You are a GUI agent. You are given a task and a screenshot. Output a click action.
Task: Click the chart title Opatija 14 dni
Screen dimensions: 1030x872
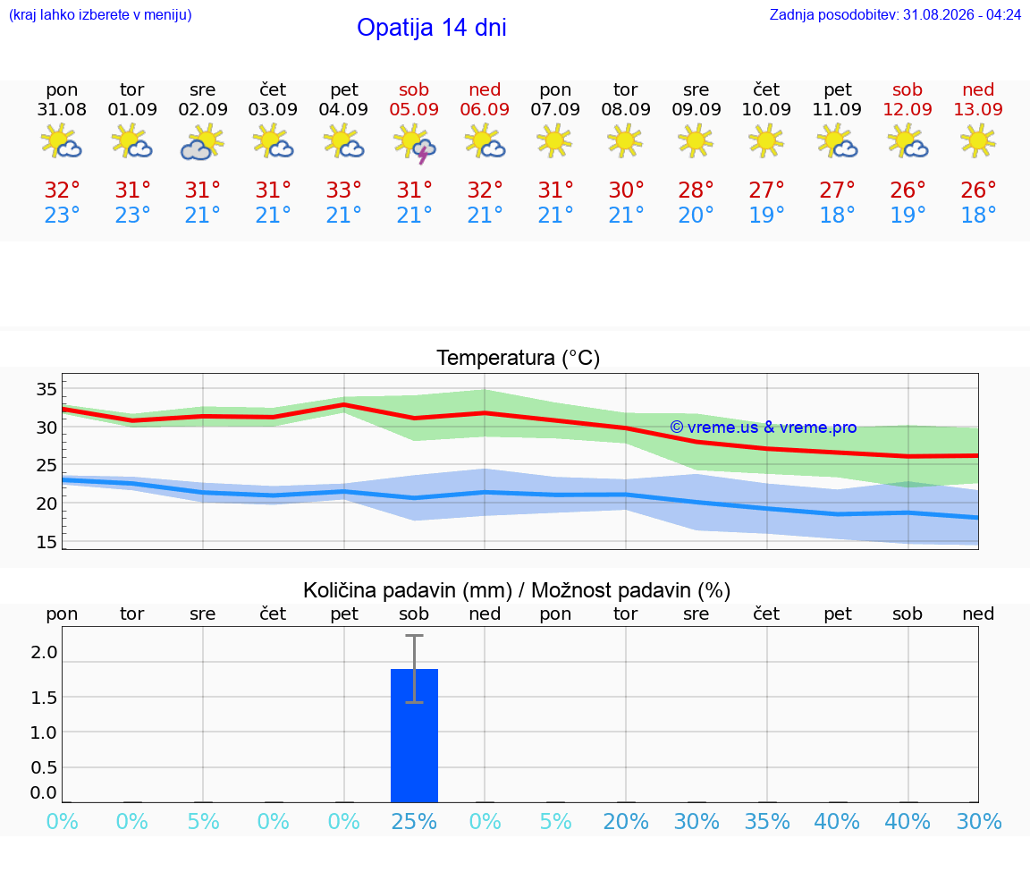point(432,28)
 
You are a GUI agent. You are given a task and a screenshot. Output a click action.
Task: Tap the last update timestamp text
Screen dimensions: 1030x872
point(895,14)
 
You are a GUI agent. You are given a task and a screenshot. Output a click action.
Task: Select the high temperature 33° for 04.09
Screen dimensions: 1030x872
point(343,190)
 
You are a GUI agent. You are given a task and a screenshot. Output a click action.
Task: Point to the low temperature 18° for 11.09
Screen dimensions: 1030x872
point(837,215)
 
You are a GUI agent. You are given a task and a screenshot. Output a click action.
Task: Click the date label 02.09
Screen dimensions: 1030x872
point(203,109)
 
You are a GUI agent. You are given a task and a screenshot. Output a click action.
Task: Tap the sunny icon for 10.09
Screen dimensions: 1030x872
point(766,140)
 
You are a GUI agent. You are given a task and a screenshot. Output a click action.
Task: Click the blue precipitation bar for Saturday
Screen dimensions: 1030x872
point(415,735)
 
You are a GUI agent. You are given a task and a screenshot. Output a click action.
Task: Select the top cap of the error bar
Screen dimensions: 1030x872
point(415,635)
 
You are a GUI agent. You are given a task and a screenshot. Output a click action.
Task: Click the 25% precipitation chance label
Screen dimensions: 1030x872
point(414,821)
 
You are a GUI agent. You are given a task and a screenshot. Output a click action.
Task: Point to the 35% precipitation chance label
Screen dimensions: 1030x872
point(766,821)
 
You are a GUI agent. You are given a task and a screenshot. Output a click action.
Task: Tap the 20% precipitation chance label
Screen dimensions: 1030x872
point(625,821)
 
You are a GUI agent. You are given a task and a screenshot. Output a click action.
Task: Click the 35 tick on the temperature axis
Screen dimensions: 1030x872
point(46,389)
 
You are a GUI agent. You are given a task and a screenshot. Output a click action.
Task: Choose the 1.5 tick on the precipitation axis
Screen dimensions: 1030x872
point(43,698)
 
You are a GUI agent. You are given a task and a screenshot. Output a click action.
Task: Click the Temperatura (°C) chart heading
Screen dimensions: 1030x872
point(519,358)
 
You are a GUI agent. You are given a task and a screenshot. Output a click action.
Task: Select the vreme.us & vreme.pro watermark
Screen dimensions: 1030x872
point(764,428)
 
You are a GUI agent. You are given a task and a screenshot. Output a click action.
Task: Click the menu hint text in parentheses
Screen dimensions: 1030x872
point(100,14)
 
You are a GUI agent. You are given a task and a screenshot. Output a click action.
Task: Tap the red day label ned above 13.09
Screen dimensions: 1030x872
point(978,89)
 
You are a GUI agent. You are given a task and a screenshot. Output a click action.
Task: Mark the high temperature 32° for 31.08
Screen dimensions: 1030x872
point(62,190)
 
